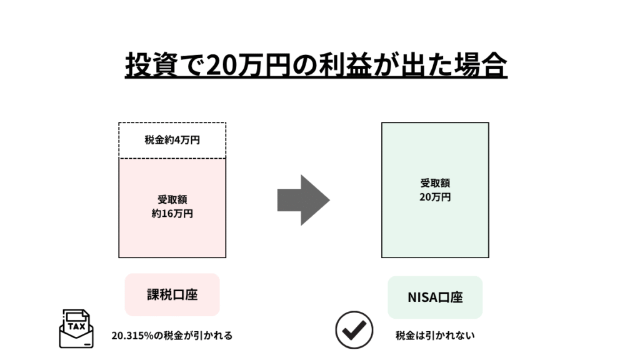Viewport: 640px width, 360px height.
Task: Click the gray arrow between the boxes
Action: coord(304,200)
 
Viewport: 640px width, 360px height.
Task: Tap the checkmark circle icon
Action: coord(354,329)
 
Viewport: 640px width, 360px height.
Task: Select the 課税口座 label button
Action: coord(172,294)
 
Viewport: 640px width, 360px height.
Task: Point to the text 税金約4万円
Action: coord(172,141)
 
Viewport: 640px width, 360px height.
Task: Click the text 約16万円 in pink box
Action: coord(172,213)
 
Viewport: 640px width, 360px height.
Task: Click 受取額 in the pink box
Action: coord(172,200)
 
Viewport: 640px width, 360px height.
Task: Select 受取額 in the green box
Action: coord(435,183)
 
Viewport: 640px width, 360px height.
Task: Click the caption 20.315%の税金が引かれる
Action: coord(172,336)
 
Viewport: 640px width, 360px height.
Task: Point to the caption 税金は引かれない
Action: coord(435,336)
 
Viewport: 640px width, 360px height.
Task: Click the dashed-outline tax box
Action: coord(172,141)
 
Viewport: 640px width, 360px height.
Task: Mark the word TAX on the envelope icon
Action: coord(76,326)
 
